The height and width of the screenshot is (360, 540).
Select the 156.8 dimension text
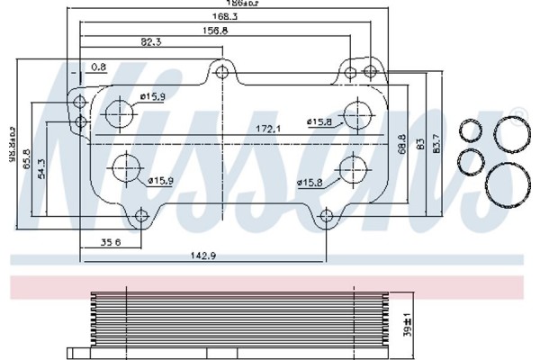pos(214,29)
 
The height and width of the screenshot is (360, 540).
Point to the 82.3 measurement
pos(150,42)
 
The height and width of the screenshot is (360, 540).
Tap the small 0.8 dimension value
pos(99,66)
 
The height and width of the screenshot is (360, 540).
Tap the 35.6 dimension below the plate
pos(111,243)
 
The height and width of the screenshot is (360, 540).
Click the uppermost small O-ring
pos(469,131)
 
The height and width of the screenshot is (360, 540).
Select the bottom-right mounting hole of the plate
pos(327,216)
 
